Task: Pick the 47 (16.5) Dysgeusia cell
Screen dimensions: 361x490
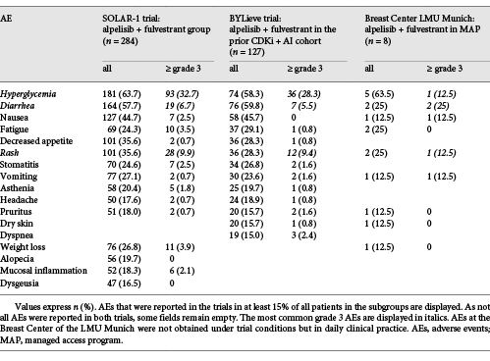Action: [124, 308]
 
